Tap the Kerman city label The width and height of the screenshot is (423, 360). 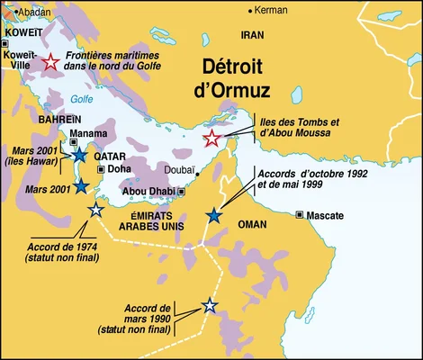(273, 11)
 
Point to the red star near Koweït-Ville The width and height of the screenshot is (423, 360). (51, 62)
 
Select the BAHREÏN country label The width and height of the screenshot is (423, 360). (59, 119)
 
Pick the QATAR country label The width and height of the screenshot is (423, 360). (110, 155)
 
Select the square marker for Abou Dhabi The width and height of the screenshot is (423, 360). (181, 191)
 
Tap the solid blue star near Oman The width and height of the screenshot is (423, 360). (213, 215)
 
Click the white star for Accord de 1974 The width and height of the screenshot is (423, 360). (96, 210)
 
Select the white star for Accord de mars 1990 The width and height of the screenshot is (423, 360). (210, 306)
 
